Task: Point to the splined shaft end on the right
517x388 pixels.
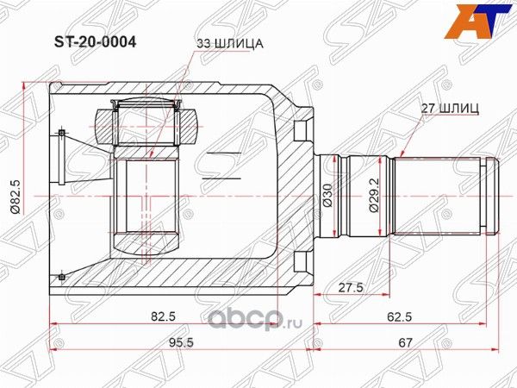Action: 444,195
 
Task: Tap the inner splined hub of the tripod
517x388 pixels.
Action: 146,196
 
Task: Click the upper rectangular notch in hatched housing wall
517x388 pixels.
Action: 299,131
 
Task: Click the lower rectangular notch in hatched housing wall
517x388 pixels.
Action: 299,261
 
